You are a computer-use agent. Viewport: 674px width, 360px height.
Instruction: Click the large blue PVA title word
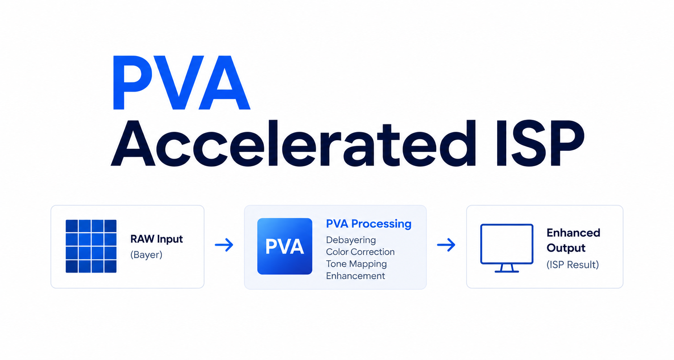[x=181, y=83]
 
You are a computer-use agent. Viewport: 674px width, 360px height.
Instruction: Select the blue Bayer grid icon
[x=91, y=246]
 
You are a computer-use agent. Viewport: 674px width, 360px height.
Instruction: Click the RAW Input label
[x=157, y=239]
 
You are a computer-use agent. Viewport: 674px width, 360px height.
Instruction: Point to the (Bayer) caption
[x=146, y=255]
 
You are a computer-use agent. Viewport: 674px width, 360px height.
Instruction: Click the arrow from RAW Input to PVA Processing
[x=224, y=245]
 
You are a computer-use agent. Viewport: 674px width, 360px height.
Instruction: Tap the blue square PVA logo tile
[x=285, y=246]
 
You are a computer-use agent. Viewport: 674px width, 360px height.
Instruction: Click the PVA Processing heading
[x=369, y=224]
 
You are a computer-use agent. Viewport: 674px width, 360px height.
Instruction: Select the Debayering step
[x=351, y=240]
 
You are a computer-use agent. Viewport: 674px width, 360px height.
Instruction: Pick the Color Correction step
[x=360, y=252]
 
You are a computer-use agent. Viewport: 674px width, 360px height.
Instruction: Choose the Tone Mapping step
[x=356, y=264]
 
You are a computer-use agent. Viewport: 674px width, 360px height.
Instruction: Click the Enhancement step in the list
[x=355, y=276]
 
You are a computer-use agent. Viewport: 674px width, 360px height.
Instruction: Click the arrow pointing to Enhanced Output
[x=446, y=245]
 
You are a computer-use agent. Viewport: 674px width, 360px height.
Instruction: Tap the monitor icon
[x=507, y=248]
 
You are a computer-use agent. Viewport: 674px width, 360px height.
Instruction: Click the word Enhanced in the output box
[x=573, y=233]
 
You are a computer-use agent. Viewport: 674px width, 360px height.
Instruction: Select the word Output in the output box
[x=566, y=248]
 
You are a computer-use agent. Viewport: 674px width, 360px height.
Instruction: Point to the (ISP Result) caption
[x=573, y=265]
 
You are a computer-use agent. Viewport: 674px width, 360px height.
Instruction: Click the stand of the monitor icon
[x=507, y=268]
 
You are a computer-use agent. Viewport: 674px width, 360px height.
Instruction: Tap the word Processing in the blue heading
[x=381, y=224]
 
